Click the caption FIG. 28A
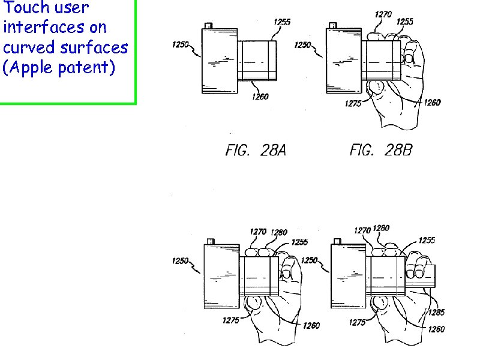[256, 150]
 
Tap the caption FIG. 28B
[381, 150]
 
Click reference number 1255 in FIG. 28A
[282, 22]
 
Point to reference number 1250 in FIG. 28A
[181, 44]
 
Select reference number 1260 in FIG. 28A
[260, 97]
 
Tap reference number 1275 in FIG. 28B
[353, 104]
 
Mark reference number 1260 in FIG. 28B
[432, 102]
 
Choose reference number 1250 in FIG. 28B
[303, 45]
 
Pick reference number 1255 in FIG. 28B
[405, 22]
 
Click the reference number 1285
[436, 312]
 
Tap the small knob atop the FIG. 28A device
[208, 26]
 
